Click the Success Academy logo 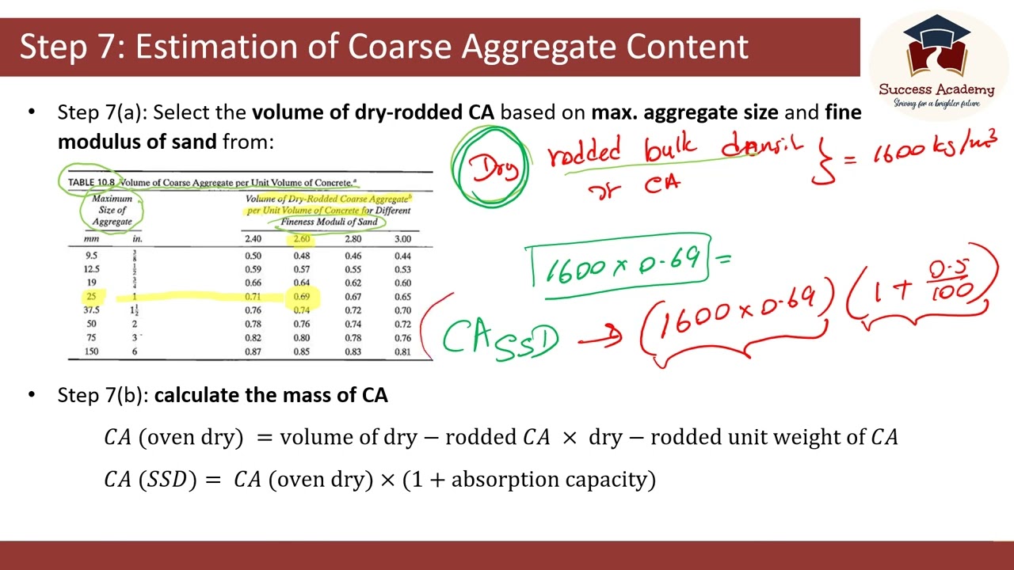click(x=936, y=60)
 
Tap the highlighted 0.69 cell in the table click(x=302, y=297)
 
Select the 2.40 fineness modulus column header click(x=253, y=238)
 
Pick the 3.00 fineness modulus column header click(x=402, y=238)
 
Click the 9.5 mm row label click(x=92, y=256)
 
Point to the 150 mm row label click(x=92, y=351)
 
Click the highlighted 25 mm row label click(x=92, y=297)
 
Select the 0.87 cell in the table click(x=253, y=351)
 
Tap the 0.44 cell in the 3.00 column click(x=402, y=256)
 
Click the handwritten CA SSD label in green click(x=499, y=338)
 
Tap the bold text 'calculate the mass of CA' click(x=271, y=395)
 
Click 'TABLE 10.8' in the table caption click(x=92, y=182)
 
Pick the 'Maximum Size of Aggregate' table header click(x=112, y=210)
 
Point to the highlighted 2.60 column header click(x=302, y=238)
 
